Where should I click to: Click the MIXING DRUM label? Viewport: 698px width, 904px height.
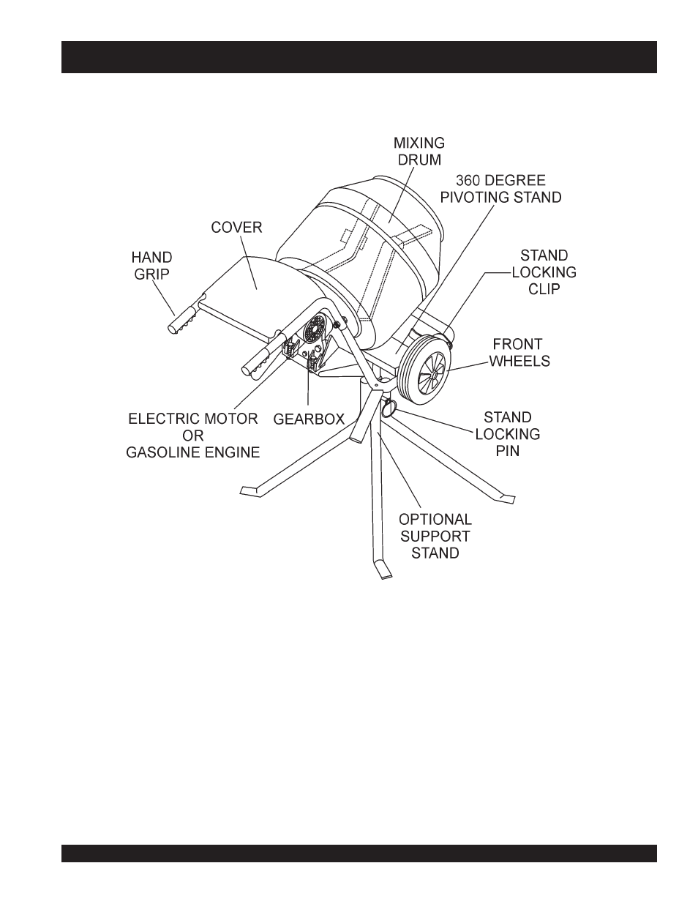coord(419,151)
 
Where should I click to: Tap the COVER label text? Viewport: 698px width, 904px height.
coord(236,228)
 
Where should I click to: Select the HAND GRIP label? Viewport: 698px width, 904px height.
coord(152,266)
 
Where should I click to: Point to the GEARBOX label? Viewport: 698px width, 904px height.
coord(309,420)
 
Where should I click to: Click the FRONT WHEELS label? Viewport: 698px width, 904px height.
coord(519,352)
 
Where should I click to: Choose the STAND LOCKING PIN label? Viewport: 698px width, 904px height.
coord(508,434)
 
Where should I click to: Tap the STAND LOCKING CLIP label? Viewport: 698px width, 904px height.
coord(544,272)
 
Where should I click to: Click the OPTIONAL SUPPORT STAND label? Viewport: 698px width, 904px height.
coord(435,536)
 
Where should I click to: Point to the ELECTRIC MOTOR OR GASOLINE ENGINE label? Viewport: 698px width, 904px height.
coord(193,436)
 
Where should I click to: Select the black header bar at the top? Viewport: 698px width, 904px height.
coord(359,57)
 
